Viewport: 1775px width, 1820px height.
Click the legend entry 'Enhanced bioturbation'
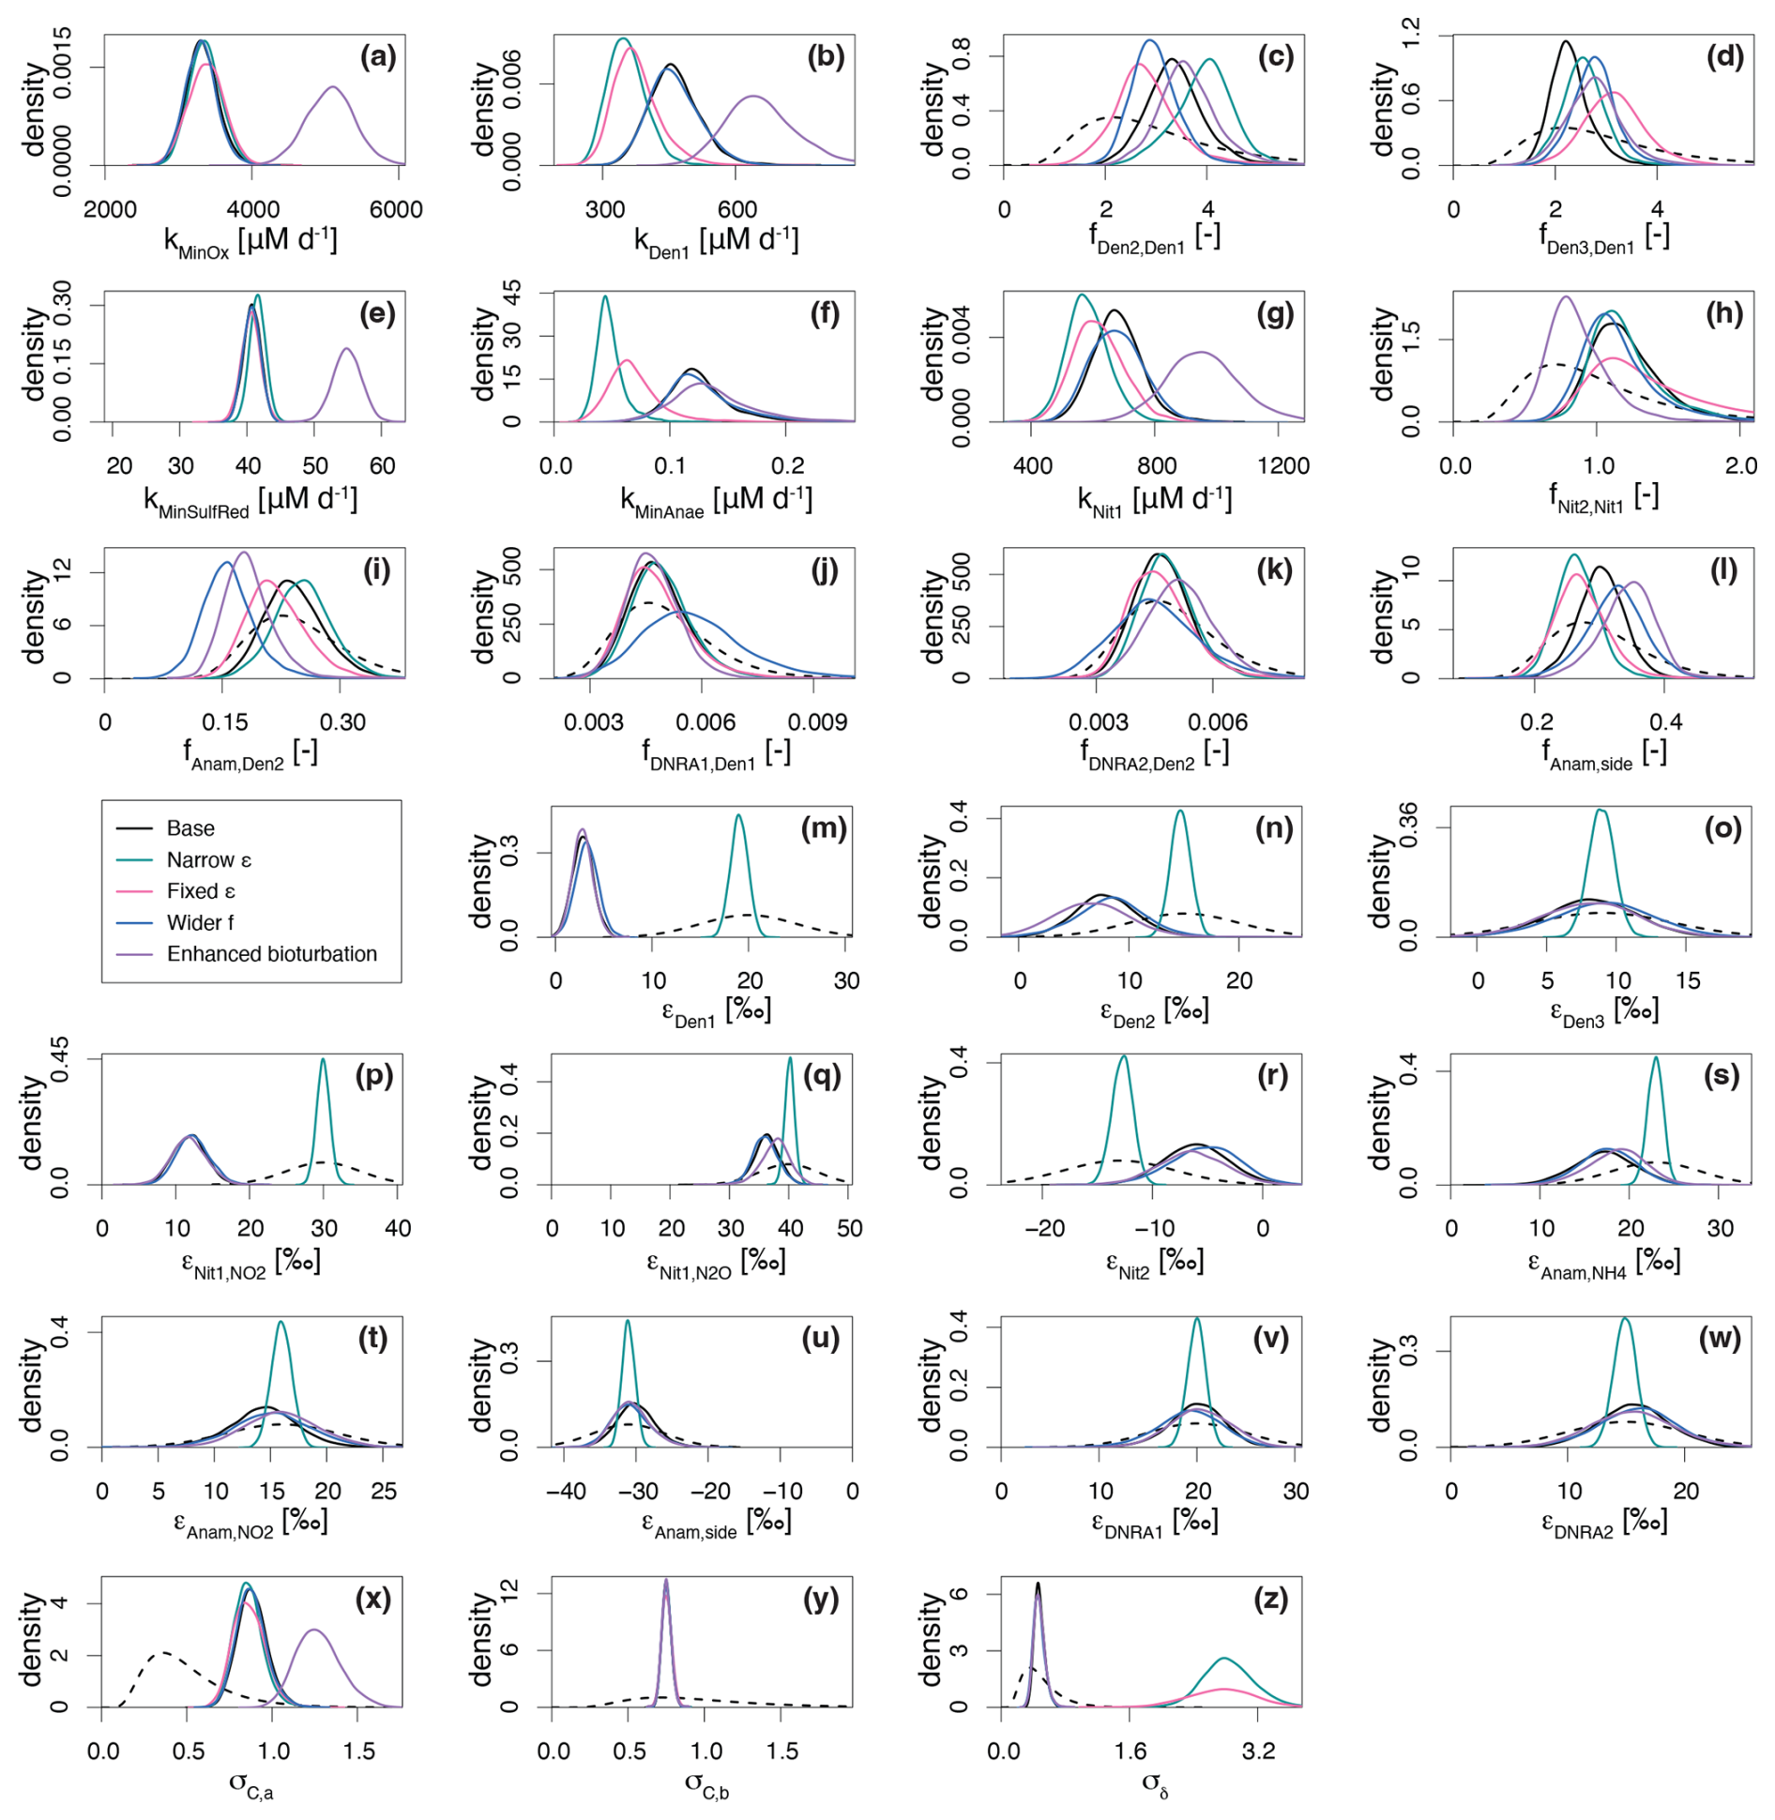coord(271,954)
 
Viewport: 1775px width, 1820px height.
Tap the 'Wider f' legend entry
coord(200,923)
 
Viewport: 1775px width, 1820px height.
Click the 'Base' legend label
coord(190,828)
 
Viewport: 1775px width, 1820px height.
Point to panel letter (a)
coord(378,57)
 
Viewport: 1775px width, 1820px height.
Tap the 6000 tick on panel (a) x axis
coord(395,209)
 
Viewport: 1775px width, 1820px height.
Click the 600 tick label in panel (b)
coord(737,209)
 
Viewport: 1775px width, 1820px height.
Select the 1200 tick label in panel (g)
coord(1282,466)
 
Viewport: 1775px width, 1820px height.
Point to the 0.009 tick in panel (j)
coord(817,722)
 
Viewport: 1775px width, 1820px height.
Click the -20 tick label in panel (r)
coord(1045,1229)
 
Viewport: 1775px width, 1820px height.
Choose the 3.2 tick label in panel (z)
coord(1258,1752)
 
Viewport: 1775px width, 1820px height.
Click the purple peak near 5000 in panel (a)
coord(332,87)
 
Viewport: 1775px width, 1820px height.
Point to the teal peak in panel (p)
coord(323,1060)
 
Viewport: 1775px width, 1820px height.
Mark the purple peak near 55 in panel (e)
coord(346,349)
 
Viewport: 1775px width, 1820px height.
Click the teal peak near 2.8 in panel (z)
coord(1223,1660)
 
